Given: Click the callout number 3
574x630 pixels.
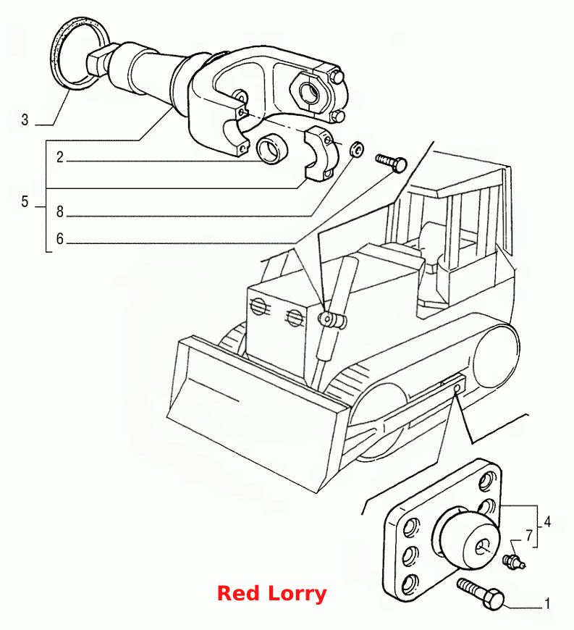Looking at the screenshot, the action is pyautogui.click(x=25, y=119).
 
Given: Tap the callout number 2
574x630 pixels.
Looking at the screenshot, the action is pyautogui.click(x=60, y=156).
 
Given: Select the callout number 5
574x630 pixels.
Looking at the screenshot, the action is pyautogui.click(x=25, y=202).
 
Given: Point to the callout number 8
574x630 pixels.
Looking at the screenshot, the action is pyautogui.click(x=60, y=211).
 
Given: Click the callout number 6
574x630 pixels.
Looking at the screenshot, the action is pyautogui.click(x=60, y=239).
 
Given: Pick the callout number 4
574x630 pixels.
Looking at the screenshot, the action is pyautogui.click(x=547, y=522).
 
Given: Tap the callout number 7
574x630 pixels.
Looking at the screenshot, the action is pyautogui.click(x=529, y=536).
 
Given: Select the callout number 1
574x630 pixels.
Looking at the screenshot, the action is pyautogui.click(x=546, y=603).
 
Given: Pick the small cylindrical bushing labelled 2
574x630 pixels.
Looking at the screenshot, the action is pyautogui.click(x=272, y=148).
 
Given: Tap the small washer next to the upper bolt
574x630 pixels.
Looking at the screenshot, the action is pyautogui.click(x=356, y=148).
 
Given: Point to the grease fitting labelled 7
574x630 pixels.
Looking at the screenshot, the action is pyautogui.click(x=513, y=561).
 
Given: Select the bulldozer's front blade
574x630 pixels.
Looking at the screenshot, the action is pyautogui.click(x=257, y=413).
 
